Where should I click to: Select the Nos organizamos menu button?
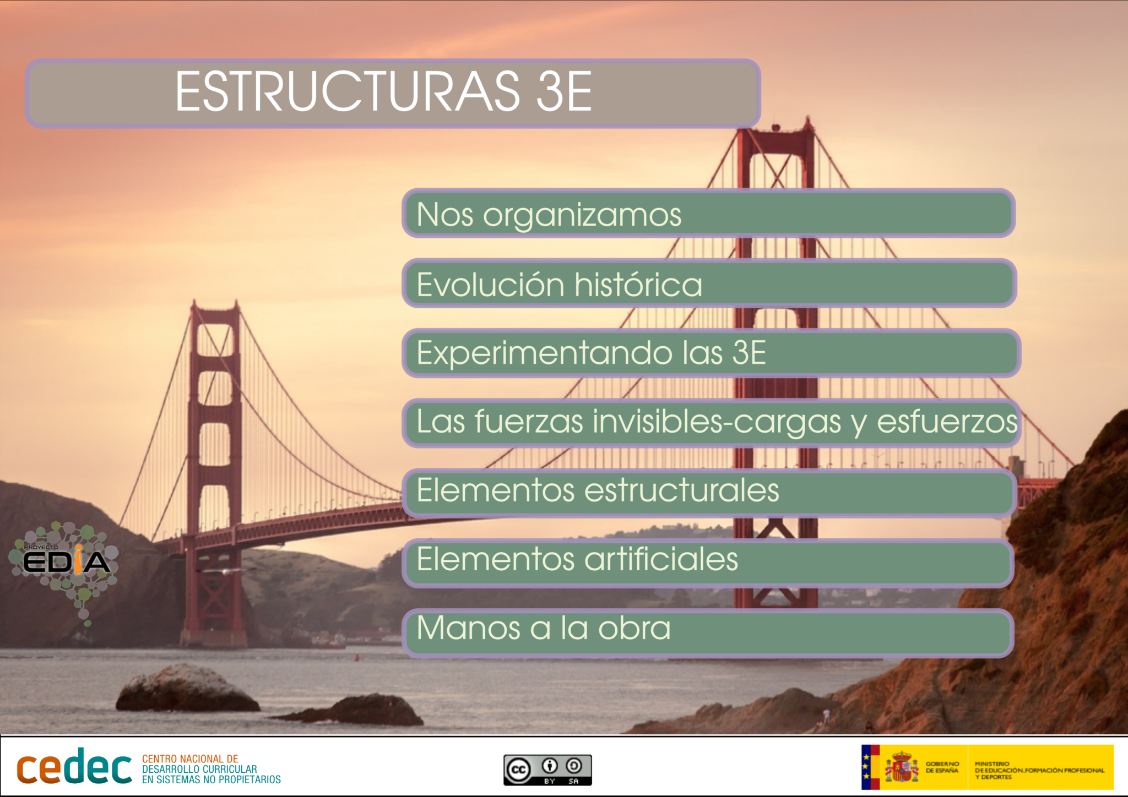click(708, 214)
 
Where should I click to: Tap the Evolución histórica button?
click(708, 283)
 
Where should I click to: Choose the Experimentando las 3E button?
click(711, 353)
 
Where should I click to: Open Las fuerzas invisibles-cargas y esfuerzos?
click(711, 422)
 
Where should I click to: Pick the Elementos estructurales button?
click(708, 492)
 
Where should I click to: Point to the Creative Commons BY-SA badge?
click(547, 769)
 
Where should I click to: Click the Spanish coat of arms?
click(902, 768)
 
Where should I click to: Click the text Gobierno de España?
click(942, 767)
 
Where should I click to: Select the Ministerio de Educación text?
click(1039, 770)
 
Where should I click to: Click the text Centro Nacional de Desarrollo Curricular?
click(211, 769)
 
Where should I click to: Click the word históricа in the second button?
click(638, 285)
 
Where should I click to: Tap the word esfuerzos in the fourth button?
click(947, 422)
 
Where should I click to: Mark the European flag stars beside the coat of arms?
click(866, 767)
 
